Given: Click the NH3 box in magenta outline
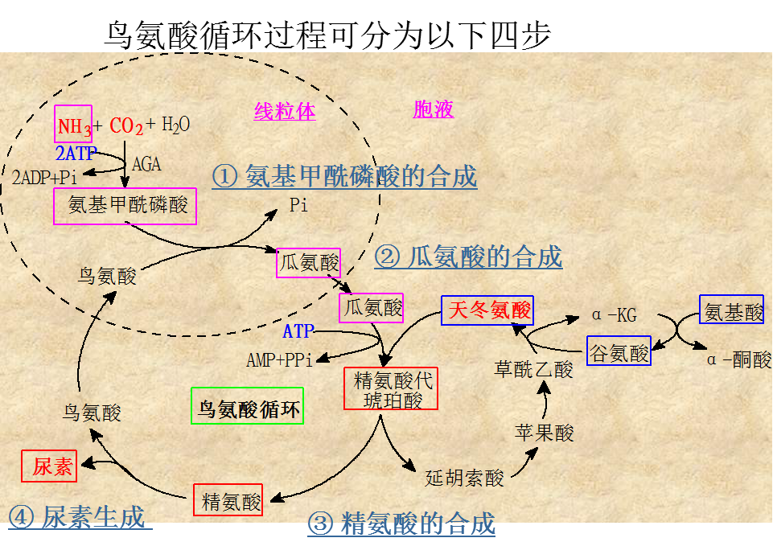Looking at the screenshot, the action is click(74, 125).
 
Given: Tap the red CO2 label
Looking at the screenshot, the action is click(126, 126).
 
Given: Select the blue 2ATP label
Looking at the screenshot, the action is click(75, 153).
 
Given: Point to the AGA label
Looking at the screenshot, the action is click(146, 165).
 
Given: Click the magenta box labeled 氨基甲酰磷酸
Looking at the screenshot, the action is click(125, 206).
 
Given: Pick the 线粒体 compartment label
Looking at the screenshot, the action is click(285, 111).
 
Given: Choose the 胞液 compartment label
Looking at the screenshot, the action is click(434, 109).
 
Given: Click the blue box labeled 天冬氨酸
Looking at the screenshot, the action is click(487, 310).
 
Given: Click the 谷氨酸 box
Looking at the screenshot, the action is click(619, 352).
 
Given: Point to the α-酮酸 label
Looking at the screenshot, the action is click(739, 359).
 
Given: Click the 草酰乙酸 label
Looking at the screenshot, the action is click(533, 369).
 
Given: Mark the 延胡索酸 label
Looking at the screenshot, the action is click(464, 478).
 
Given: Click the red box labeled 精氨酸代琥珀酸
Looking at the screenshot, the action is click(391, 389).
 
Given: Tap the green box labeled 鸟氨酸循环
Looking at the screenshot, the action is click(248, 407).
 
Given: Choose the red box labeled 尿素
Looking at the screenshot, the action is click(50, 466).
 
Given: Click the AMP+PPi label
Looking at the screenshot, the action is click(280, 360).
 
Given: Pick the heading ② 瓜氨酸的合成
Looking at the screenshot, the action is click(468, 257).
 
